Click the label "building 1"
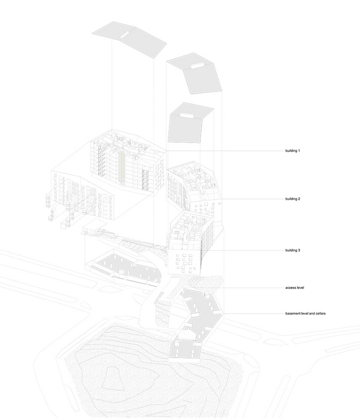(292, 151)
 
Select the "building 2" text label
(292, 199)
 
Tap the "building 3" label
(292, 250)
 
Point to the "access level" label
(294, 288)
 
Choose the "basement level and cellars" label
(305, 313)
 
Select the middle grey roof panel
(195, 74)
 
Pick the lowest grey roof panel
(190, 123)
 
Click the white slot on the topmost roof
(124, 35)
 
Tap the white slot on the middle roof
(197, 66)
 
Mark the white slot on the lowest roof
(186, 115)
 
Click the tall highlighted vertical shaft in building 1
(122, 166)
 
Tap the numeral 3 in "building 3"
(299, 250)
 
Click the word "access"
(290, 288)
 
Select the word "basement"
(292, 313)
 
